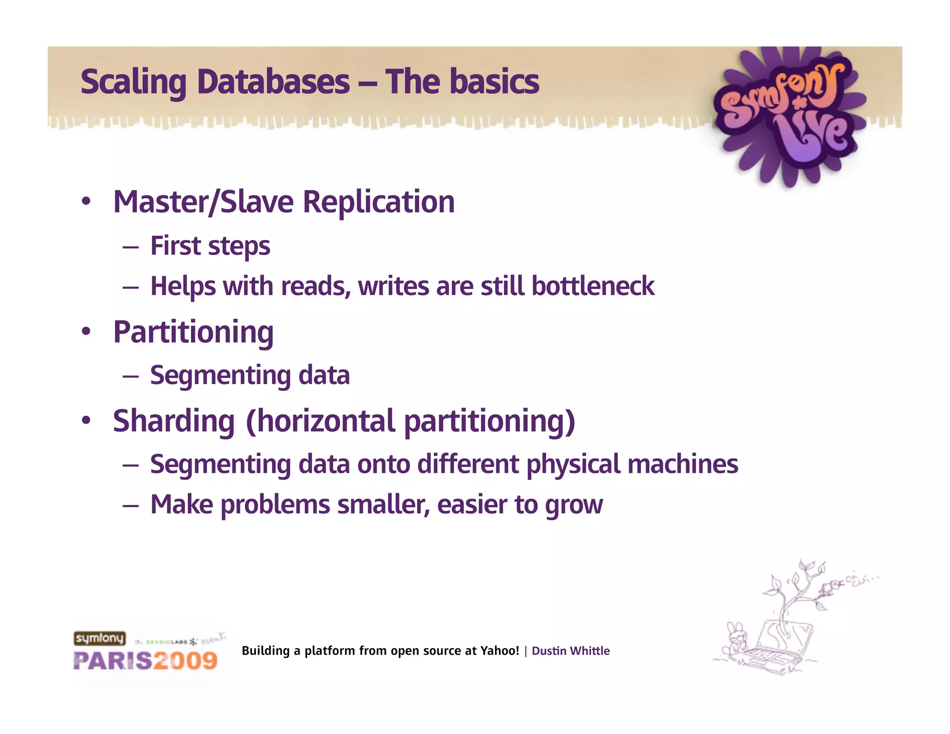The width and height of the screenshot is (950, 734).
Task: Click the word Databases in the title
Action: point(273,82)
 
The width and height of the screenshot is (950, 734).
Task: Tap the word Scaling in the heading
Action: point(134,83)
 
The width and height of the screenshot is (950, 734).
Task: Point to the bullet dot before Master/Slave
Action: point(86,202)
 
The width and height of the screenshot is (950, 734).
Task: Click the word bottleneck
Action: point(593,286)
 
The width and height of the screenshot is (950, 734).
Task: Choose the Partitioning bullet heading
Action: point(193,333)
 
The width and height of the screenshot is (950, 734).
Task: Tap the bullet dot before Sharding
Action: point(86,420)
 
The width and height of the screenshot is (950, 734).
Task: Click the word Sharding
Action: point(174,421)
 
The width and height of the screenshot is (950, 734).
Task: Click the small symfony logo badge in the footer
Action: point(100,638)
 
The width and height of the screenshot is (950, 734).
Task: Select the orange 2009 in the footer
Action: point(185,661)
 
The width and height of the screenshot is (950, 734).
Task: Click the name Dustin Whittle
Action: point(571,651)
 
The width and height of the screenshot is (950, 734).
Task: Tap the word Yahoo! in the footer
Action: point(500,651)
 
